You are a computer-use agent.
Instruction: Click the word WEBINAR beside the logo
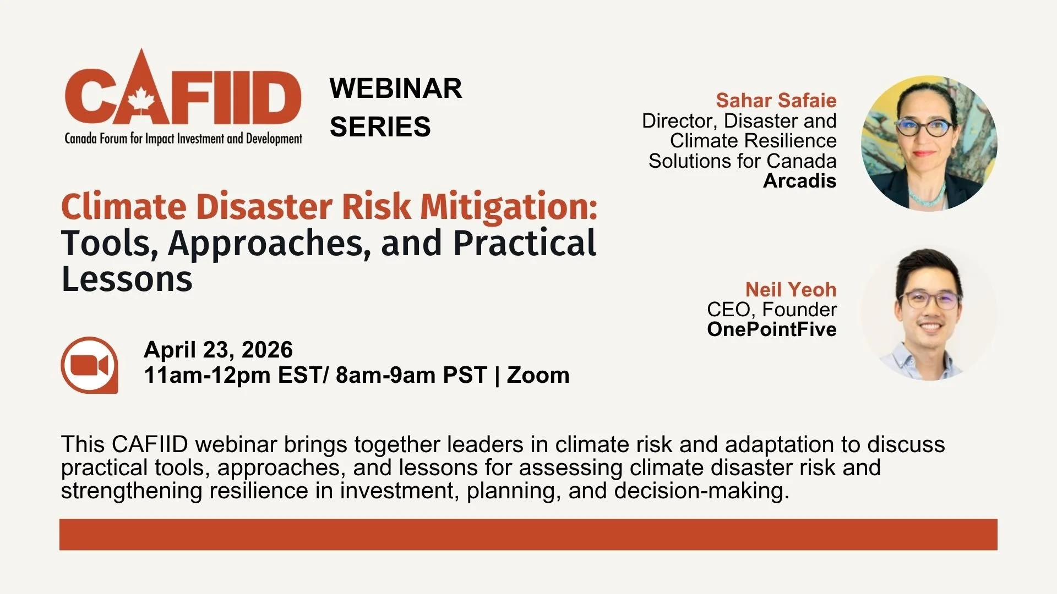click(396, 89)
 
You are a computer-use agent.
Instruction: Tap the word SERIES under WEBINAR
click(380, 127)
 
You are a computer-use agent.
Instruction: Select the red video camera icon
click(89, 365)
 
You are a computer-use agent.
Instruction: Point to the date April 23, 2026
click(218, 350)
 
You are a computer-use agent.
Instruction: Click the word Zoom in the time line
click(538, 375)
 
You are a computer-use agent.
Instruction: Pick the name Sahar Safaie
click(776, 101)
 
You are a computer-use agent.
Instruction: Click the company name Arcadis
click(799, 181)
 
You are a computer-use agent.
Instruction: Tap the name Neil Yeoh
click(791, 289)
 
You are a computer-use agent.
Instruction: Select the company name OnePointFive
click(771, 329)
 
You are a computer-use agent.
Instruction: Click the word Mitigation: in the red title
click(509, 207)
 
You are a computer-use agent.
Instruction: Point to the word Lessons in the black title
click(127, 279)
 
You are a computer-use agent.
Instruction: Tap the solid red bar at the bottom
click(528, 534)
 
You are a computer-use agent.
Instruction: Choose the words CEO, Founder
click(771, 310)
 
